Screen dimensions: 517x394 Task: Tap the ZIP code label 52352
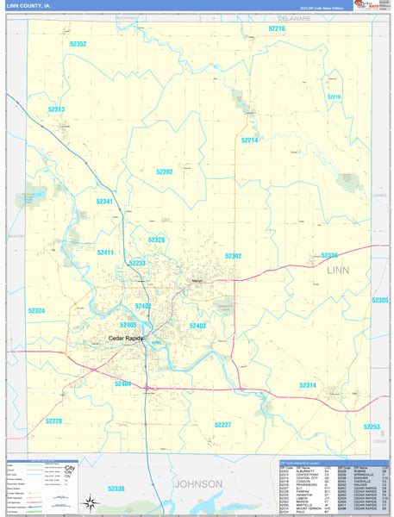(78, 44)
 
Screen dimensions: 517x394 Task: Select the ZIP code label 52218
(276, 28)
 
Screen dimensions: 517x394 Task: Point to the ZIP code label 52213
(57, 109)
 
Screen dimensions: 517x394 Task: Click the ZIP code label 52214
(249, 140)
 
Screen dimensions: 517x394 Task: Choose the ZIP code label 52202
(164, 171)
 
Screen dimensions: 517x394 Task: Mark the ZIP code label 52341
(104, 201)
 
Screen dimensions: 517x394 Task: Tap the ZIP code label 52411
(105, 252)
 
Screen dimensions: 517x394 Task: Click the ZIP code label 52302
(233, 256)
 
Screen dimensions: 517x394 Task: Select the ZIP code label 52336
(329, 256)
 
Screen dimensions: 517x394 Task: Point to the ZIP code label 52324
(36, 310)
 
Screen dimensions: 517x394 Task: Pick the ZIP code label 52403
(197, 326)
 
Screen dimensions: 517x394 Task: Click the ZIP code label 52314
(308, 384)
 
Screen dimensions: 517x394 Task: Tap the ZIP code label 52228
(53, 420)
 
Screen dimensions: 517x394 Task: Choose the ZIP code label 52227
(222, 425)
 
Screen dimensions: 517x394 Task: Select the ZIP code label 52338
(116, 489)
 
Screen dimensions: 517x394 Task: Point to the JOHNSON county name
(199, 483)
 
